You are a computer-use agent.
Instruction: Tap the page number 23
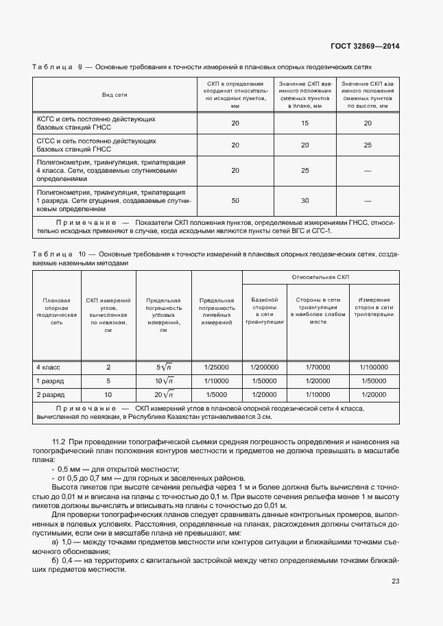(x=395, y=581)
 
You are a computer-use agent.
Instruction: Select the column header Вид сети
(x=115, y=94)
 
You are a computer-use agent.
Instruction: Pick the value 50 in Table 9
(x=235, y=200)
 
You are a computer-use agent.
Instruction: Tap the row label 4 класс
(x=47, y=367)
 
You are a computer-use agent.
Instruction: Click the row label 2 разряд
(x=50, y=395)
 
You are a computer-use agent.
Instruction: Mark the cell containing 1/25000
(x=217, y=367)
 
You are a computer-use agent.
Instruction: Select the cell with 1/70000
(x=318, y=367)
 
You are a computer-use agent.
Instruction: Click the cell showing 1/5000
(x=217, y=395)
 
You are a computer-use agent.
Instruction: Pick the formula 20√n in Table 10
(x=163, y=395)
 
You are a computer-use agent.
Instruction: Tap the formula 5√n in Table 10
(x=163, y=367)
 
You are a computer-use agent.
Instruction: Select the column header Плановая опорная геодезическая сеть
(x=56, y=311)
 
